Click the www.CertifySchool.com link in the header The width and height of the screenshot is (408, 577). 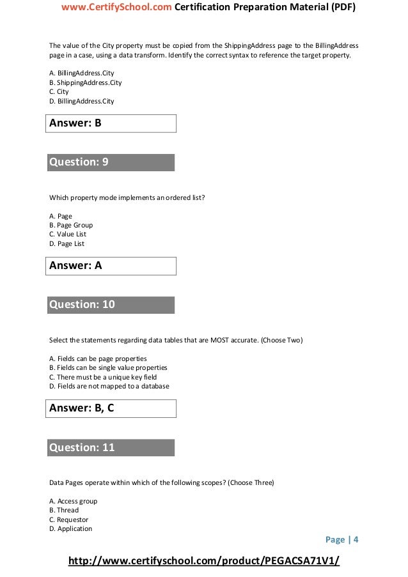point(116,8)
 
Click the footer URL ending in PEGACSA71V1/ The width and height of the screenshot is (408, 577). point(203,561)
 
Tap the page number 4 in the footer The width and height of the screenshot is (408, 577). point(356,540)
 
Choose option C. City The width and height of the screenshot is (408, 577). point(59,92)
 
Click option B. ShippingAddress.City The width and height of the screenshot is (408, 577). point(85,83)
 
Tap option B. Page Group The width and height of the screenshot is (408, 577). point(71,225)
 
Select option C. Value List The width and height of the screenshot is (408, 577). point(68,235)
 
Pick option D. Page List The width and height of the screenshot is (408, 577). point(67,243)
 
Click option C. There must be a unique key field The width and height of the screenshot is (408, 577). point(103,377)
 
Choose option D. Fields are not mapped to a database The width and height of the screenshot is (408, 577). point(109,386)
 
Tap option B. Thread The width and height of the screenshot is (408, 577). point(64,511)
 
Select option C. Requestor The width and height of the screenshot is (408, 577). point(68,519)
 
